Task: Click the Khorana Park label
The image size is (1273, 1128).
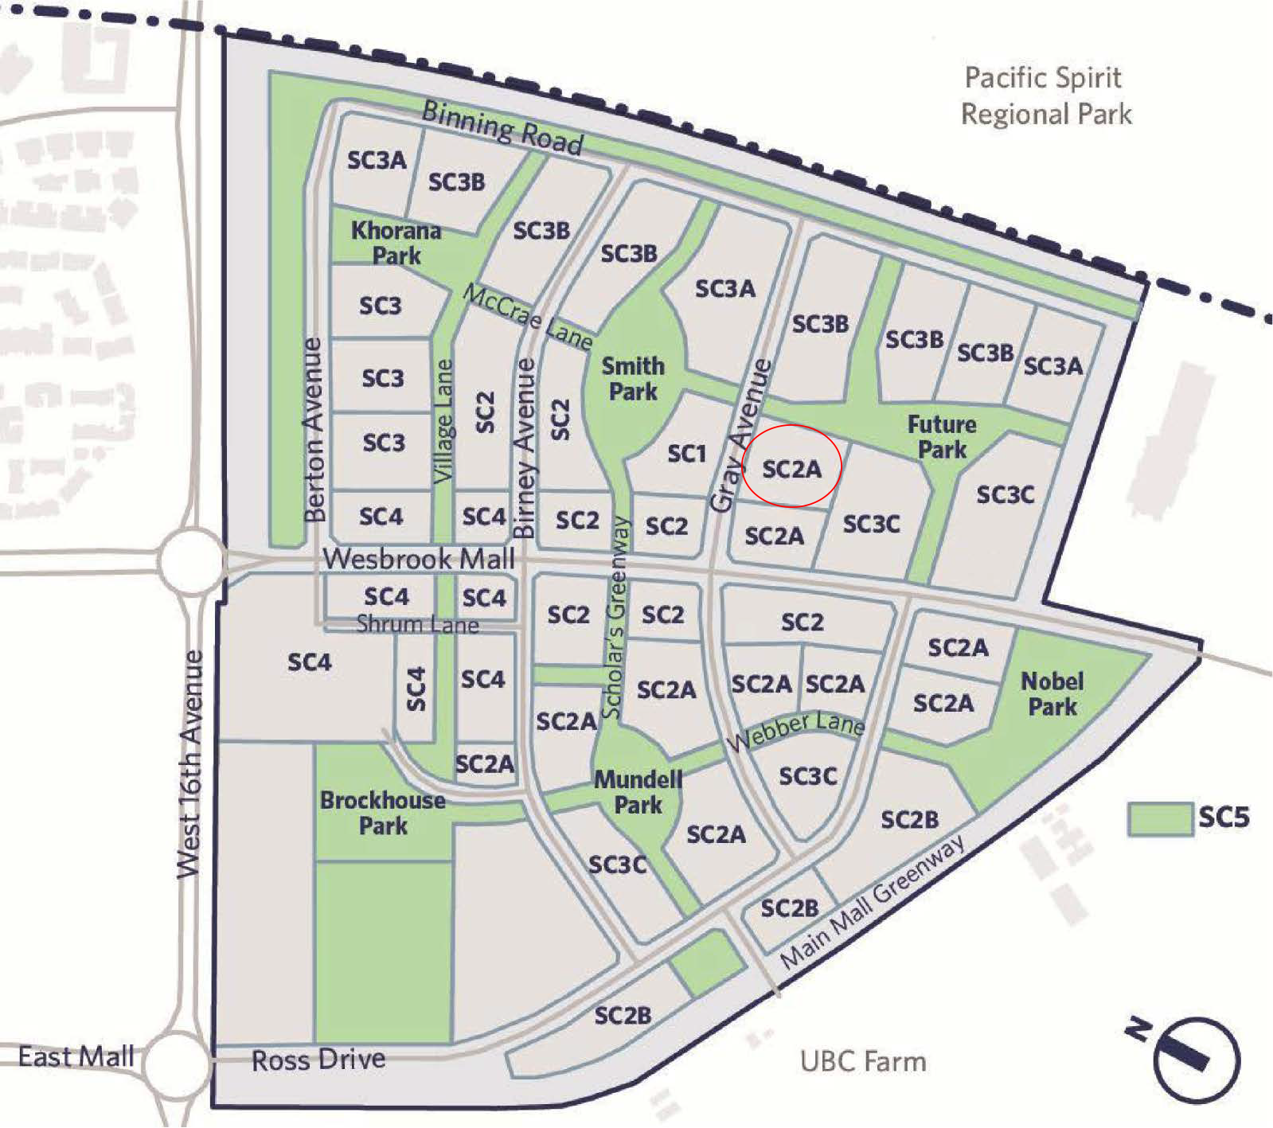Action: tap(396, 243)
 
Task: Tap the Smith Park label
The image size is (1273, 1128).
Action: tap(633, 379)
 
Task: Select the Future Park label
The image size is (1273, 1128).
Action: tap(942, 437)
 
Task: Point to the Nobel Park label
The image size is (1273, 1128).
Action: tap(1052, 693)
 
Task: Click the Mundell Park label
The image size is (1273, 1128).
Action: tap(638, 792)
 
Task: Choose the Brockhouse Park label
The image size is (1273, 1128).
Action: tap(383, 813)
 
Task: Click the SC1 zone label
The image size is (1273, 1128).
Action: tap(686, 454)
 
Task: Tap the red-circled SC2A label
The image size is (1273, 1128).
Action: tap(791, 469)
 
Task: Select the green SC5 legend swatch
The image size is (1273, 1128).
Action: tap(1160, 818)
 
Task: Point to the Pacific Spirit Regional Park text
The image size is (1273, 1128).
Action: tap(1045, 96)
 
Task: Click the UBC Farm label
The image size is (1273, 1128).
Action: tap(863, 1062)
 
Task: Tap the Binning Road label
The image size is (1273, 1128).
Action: tap(502, 127)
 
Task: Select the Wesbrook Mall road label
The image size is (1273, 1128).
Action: tap(419, 559)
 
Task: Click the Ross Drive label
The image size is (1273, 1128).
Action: tap(318, 1060)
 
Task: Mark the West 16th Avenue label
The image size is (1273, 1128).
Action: tap(190, 764)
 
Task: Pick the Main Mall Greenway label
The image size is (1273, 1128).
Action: tap(873, 902)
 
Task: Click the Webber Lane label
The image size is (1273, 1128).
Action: tap(795, 730)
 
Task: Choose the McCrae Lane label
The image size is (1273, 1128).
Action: tap(528, 317)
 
